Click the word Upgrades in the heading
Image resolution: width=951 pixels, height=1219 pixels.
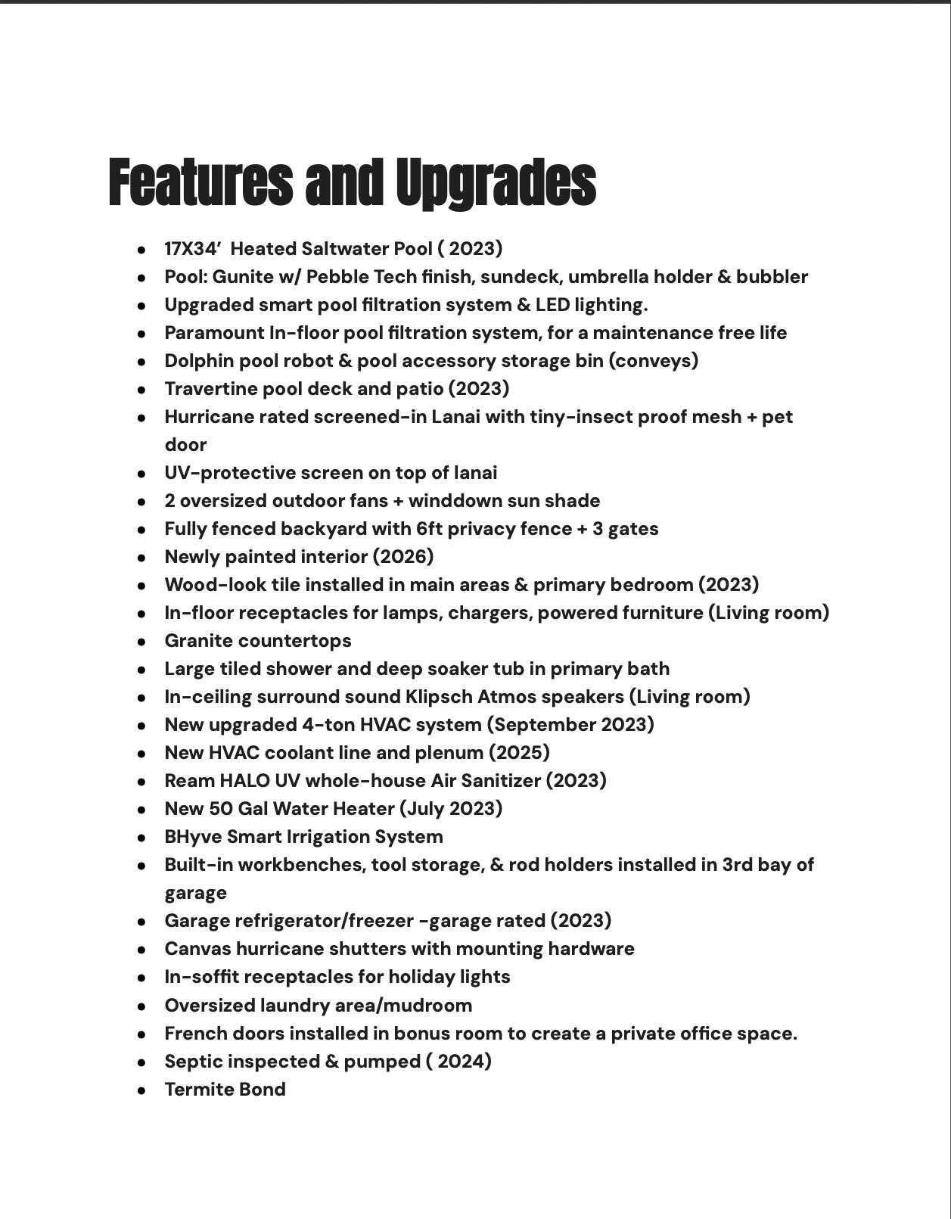[x=496, y=183]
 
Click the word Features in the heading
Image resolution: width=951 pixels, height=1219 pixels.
[x=200, y=183]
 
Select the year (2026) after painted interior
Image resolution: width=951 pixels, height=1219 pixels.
[x=402, y=557]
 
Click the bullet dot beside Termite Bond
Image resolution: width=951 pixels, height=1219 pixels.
[x=141, y=1090]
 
